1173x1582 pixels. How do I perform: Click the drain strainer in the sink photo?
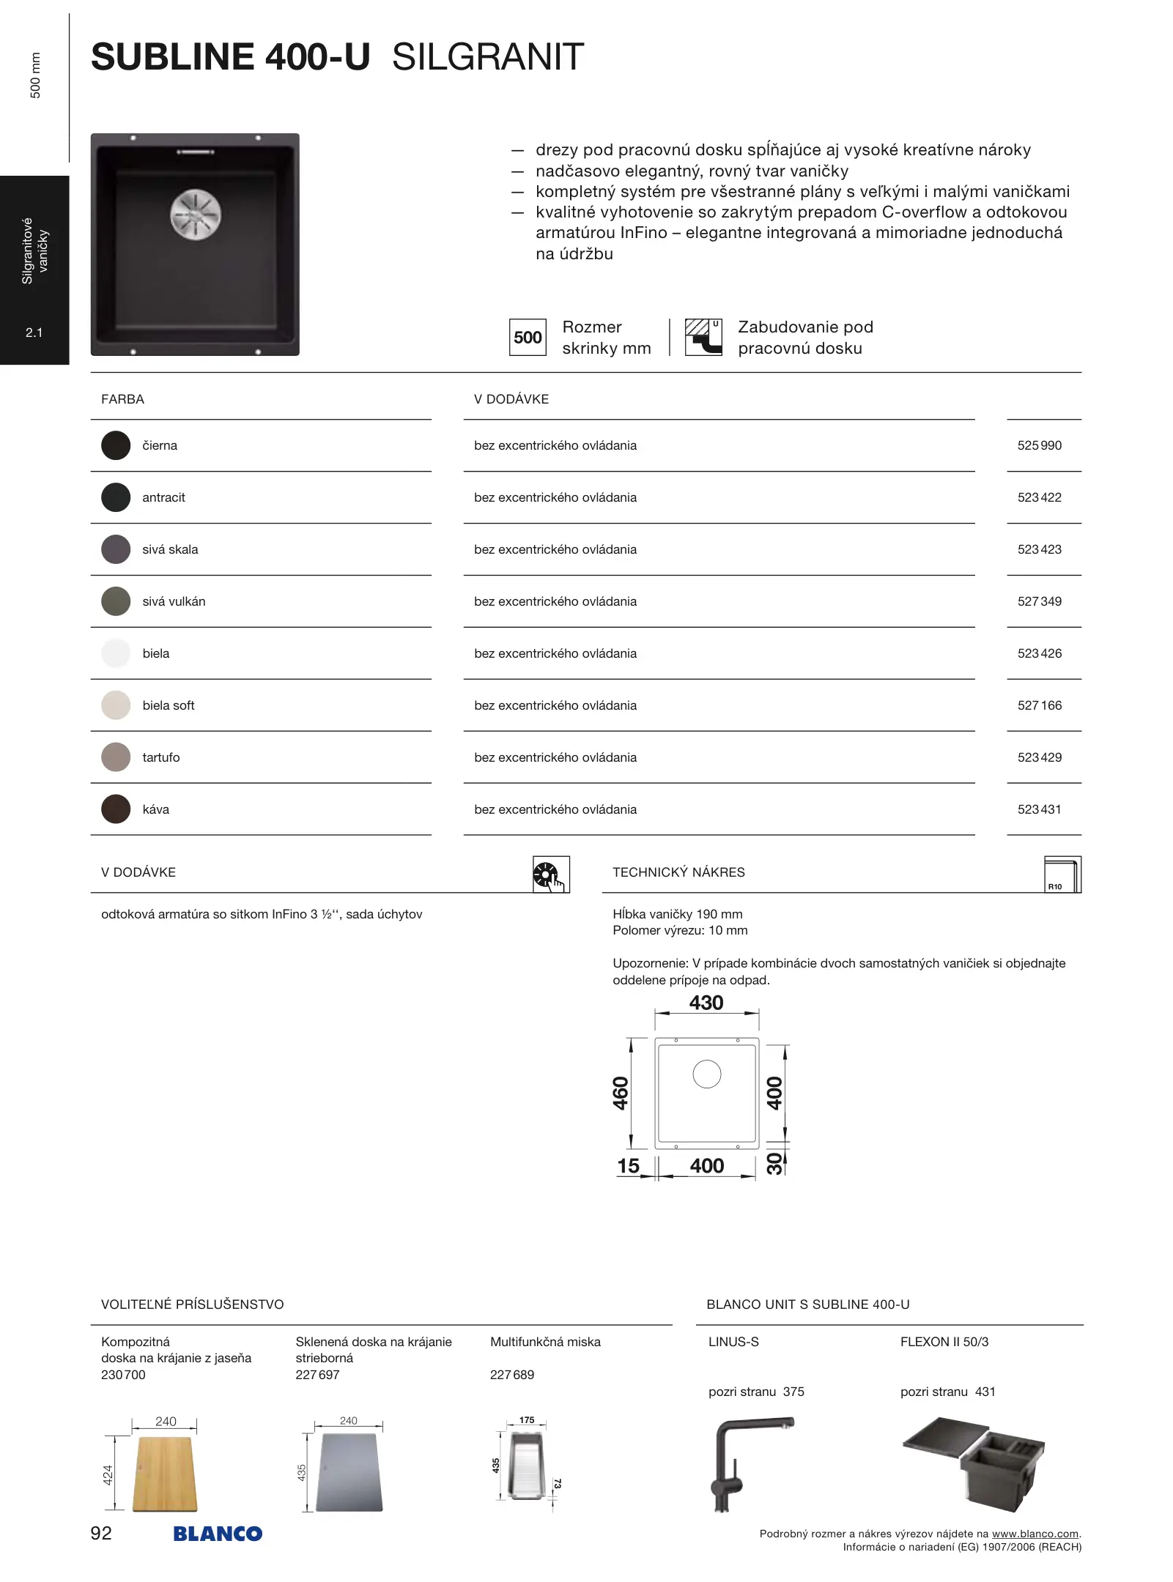point(196,215)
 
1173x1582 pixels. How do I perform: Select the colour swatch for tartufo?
point(116,757)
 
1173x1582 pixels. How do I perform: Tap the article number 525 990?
point(1039,445)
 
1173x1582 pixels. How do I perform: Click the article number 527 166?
point(1039,705)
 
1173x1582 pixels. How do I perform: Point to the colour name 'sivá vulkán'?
point(174,601)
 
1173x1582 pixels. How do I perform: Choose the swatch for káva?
point(116,809)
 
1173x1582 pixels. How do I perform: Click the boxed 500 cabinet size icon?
point(528,338)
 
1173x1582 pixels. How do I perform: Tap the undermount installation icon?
point(703,337)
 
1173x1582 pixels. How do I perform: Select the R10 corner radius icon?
point(1062,874)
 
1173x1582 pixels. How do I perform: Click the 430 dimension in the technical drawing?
point(706,1003)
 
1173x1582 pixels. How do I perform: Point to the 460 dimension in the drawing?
point(621,1093)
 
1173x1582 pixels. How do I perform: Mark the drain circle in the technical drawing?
point(707,1074)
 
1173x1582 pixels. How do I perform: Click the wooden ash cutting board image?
point(165,1474)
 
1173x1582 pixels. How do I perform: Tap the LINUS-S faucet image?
point(747,1463)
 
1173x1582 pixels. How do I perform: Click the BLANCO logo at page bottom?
point(218,1534)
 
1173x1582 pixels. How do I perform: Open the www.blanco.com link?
point(1035,1534)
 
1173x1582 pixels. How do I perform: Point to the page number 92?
point(101,1533)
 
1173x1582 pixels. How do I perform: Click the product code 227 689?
point(512,1375)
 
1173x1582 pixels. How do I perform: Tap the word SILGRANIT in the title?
point(488,57)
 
